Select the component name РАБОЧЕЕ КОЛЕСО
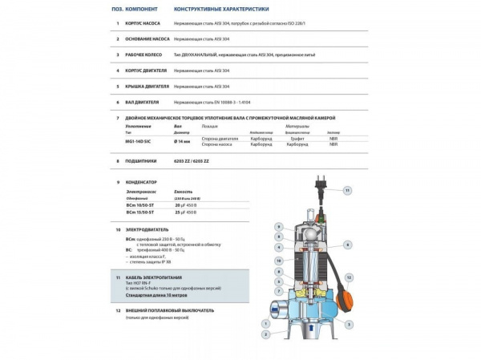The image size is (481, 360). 145,55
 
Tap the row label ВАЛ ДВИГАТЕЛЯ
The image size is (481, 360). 143,103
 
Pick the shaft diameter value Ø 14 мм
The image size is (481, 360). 183,140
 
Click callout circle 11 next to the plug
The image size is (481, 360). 347,191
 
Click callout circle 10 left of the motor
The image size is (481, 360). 278,261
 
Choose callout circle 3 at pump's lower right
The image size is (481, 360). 349,324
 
